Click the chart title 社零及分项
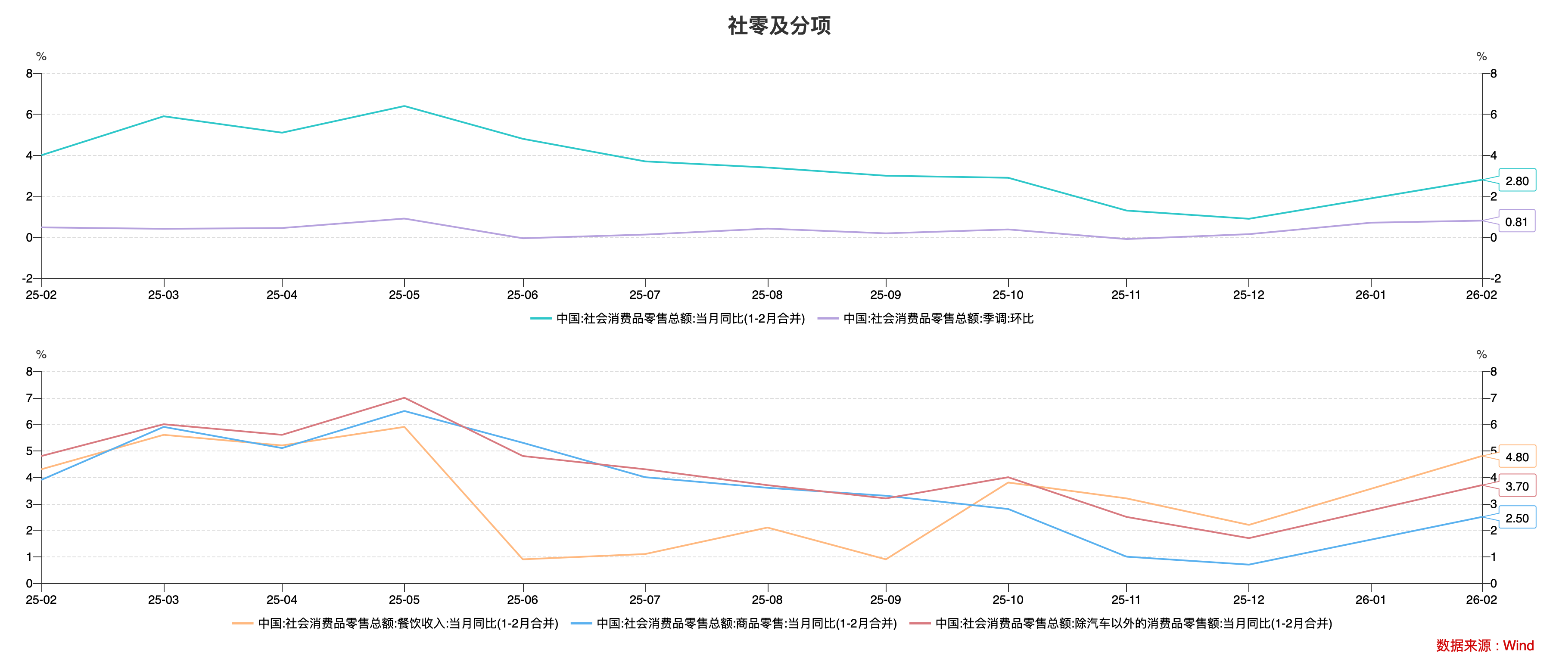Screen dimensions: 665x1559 click(779, 25)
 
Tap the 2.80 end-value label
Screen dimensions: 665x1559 click(1517, 180)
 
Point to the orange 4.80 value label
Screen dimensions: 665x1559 click(1517, 457)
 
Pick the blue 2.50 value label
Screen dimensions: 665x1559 click(1517, 518)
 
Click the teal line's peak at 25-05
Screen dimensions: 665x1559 click(404, 106)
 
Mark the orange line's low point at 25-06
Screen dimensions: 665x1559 click(523, 559)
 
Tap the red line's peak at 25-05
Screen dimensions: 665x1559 click(404, 398)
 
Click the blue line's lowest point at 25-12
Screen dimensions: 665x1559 click(1248, 565)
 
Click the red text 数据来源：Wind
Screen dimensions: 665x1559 click(1484, 645)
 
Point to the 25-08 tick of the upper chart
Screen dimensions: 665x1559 click(767, 295)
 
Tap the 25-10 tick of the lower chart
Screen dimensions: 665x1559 click(1008, 600)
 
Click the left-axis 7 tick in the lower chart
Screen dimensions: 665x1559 click(29, 398)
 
